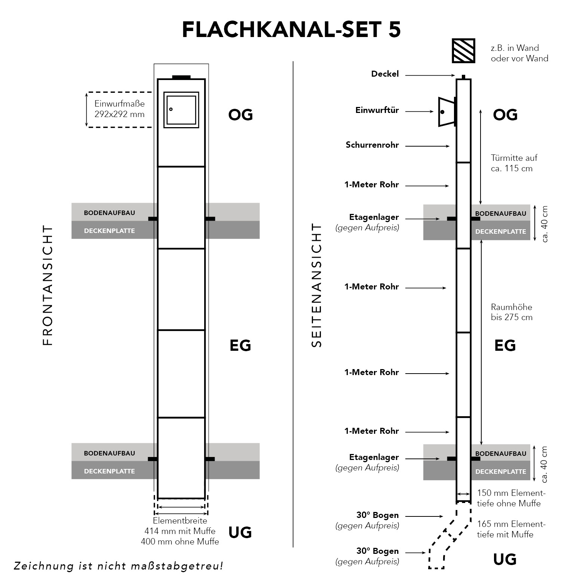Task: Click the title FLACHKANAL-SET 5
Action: [291, 30]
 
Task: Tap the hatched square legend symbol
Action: [463, 50]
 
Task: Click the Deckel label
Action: [385, 74]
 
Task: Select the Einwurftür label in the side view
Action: [377, 110]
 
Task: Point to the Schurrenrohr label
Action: [372, 145]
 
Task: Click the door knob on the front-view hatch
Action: [171, 109]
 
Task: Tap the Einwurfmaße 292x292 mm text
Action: [119, 109]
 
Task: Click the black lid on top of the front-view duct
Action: [181, 77]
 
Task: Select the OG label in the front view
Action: [240, 115]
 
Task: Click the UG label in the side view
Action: [505, 559]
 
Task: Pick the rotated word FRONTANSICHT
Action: [48, 285]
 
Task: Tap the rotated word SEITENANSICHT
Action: [316, 285]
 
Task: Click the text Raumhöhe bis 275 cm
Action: [511, 312]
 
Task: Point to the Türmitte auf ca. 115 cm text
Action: [513, 163]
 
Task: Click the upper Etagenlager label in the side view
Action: [374, 217]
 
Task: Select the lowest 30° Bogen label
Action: [377, 551]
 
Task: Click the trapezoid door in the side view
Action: [446, 112]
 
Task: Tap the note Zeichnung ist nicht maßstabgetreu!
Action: [118, 566]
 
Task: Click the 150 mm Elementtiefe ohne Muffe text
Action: [511, 498]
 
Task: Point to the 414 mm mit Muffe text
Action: [180, 531]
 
